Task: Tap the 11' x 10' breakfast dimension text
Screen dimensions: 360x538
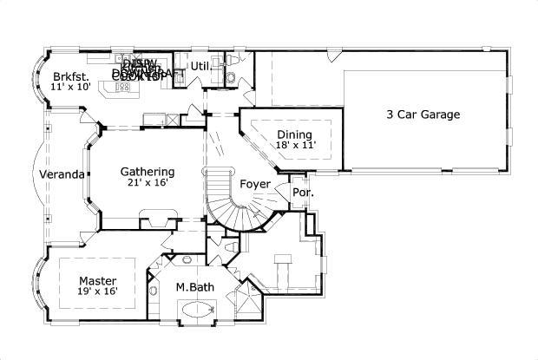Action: (69, 88)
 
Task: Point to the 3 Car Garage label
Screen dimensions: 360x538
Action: (423, 114)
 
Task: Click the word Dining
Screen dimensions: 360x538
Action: (294, 134)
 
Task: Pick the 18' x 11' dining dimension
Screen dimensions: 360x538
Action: (294, 146)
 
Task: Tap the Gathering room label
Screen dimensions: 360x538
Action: (147, 172)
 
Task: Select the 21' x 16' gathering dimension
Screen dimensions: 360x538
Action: (147, 184)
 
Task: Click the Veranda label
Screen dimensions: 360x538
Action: (62, 174)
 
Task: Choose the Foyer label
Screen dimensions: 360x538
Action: (255, 184)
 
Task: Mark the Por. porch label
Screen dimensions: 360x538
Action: (302, 192)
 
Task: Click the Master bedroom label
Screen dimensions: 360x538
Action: (97, 280)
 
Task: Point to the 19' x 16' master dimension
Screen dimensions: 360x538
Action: (97, 292)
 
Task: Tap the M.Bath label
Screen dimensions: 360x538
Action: (194, 287)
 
